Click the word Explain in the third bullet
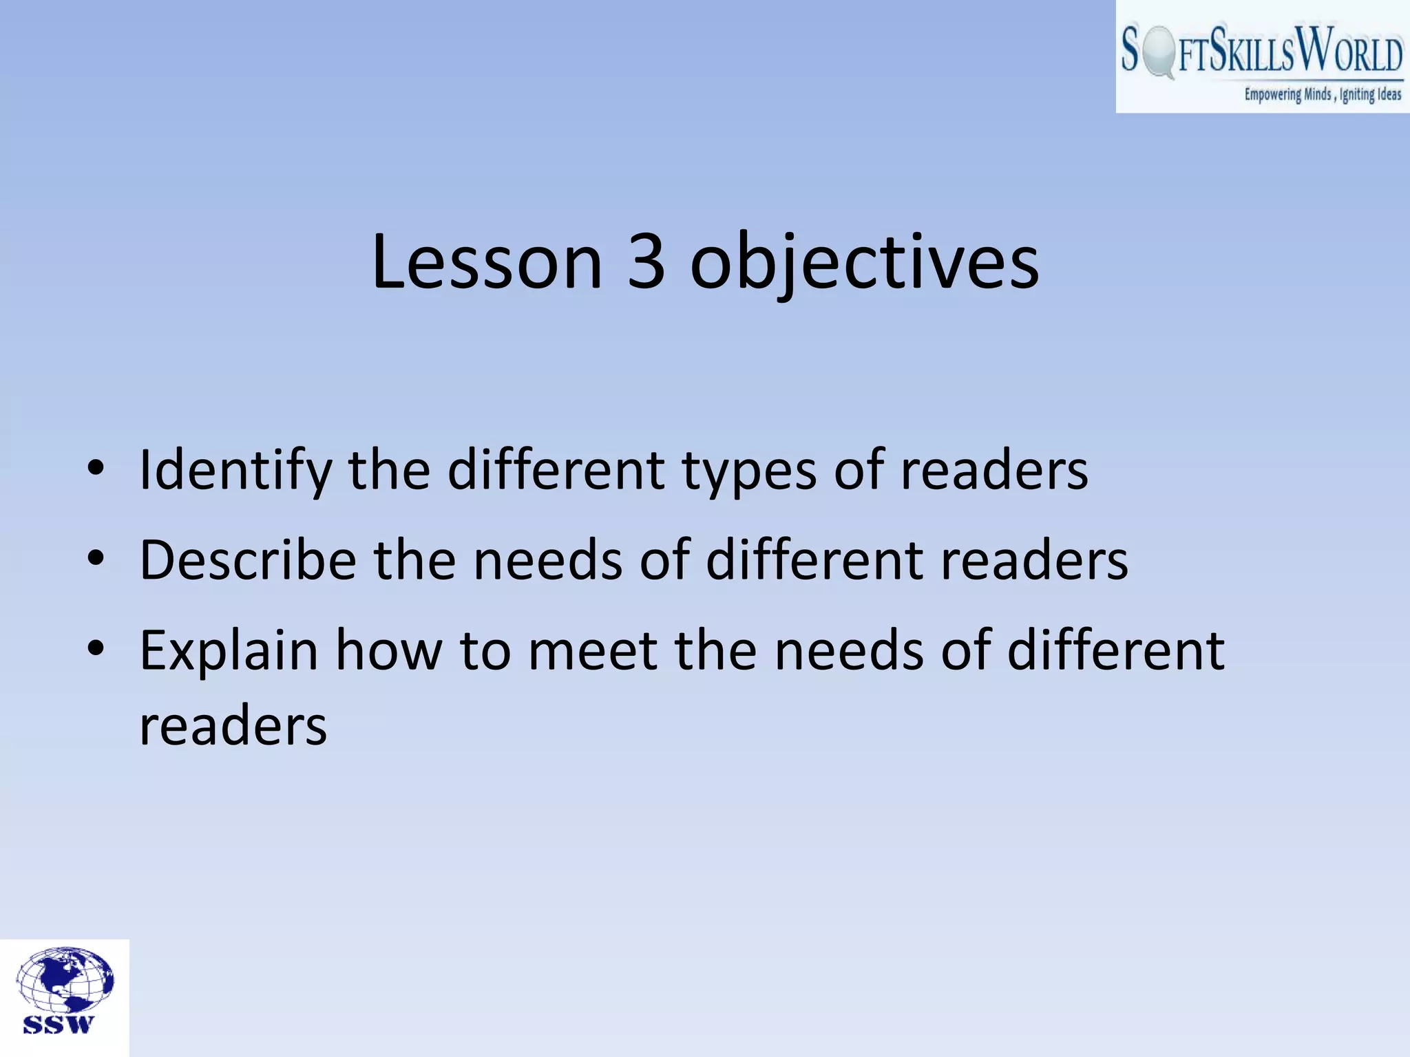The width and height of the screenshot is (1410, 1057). pos(229,652)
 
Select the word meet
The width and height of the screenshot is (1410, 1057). pos(593,652)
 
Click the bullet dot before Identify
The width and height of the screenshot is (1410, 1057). pos(96,468)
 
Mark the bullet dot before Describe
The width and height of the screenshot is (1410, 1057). pos(96,557)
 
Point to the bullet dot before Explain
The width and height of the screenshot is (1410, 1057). pos(96,648)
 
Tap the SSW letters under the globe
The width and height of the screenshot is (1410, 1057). pos(58,1025)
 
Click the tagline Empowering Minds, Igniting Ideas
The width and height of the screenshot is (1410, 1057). pos(1322,95)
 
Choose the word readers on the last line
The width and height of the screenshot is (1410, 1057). pos(233,727)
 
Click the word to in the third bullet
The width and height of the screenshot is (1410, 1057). pos(485,652)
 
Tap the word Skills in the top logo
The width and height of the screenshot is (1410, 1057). pos(1254,50)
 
